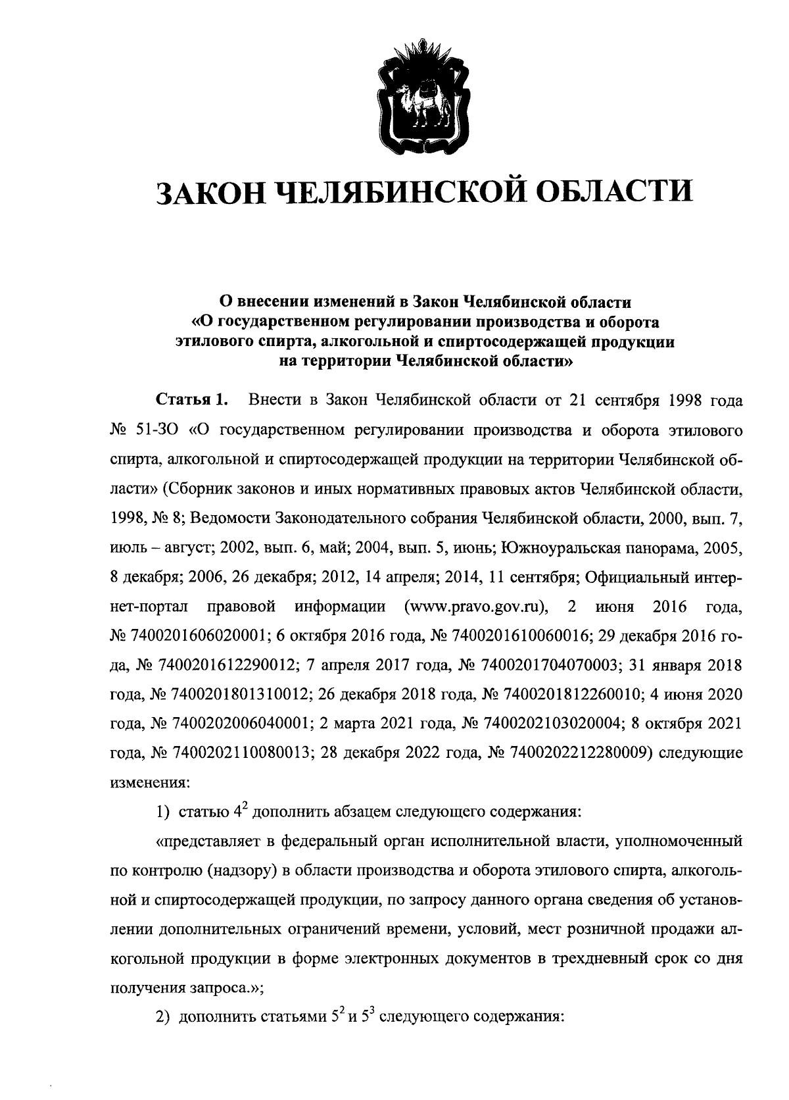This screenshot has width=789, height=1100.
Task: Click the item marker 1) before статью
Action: tap(163, 813)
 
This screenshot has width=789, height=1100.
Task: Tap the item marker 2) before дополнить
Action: tap(163, 1018)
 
